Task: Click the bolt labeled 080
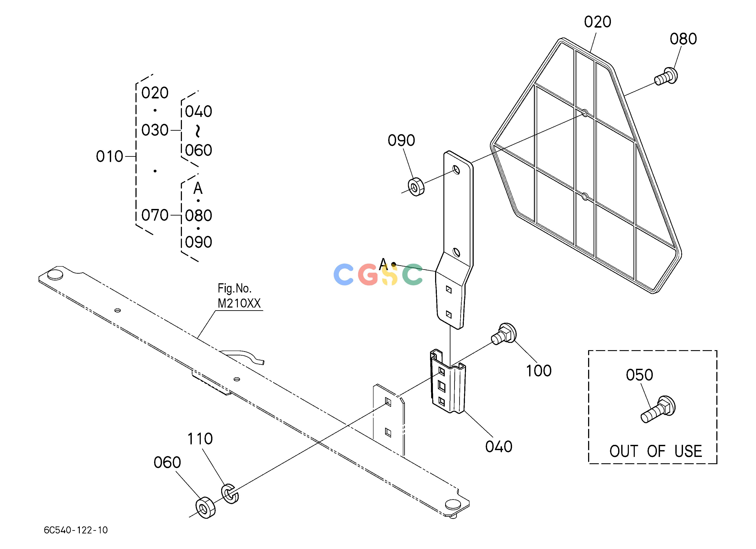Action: coord(666,76)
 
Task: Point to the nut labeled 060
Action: coord(205,508)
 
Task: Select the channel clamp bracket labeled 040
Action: coord(448,382)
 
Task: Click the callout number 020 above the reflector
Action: coord(597,22)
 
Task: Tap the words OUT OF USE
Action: coord(656,451)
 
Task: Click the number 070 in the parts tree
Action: coord(155,215)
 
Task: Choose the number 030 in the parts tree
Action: coord(155,130)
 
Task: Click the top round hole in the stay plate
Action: coord(456,170)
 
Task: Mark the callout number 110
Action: coord(200,439)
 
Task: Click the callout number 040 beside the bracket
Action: coord(499,447)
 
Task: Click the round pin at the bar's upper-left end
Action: coord(55,275)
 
